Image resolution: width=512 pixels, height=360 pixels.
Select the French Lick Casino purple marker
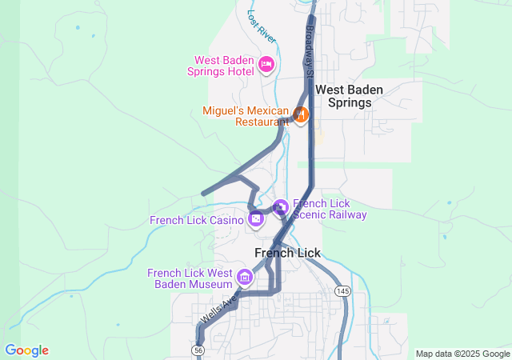tap(256, 218)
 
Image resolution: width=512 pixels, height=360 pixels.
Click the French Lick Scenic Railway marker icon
tap(280, 207)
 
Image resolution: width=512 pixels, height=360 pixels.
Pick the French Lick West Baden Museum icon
tap(245, 278)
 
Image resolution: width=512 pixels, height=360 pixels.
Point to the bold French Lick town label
tap(287, 253)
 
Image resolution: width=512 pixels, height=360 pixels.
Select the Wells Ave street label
tap(218, 309)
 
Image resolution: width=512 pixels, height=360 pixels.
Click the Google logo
tap(26, 350)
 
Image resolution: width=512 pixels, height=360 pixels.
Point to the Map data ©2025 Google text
tap(462, 354)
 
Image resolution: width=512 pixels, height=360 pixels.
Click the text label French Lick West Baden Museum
tap(190, 278)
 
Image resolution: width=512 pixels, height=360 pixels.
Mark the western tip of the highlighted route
tap(203, 194)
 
